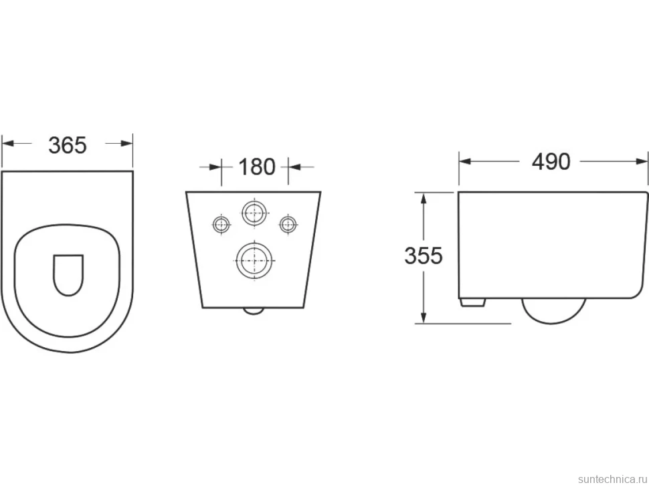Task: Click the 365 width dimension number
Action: coord(68,145)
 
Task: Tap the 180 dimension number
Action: coord(257,167)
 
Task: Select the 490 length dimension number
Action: coord(551,162)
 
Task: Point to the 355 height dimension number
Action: coord(424,256)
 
